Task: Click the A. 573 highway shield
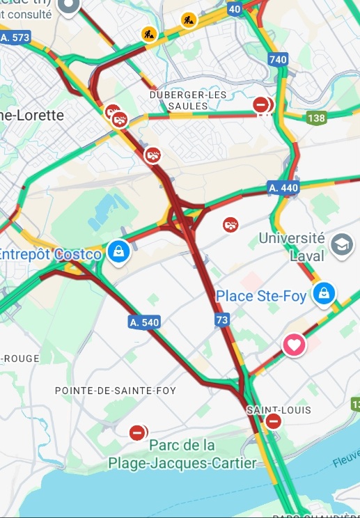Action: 15,37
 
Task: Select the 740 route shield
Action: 278,60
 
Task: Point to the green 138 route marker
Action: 316,118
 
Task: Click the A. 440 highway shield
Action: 283,187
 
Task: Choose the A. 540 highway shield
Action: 144,322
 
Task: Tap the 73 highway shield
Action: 221,320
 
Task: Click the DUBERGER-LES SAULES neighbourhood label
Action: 179,100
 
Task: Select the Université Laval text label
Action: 292,246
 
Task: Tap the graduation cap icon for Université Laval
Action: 342,244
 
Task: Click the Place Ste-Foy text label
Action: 261,297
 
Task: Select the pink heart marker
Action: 294,344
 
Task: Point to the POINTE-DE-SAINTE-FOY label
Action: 116,391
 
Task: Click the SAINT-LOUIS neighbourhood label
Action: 279,410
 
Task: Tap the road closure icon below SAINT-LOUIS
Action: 274,421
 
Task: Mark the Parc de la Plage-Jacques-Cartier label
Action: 182,453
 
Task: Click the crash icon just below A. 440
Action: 230,224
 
